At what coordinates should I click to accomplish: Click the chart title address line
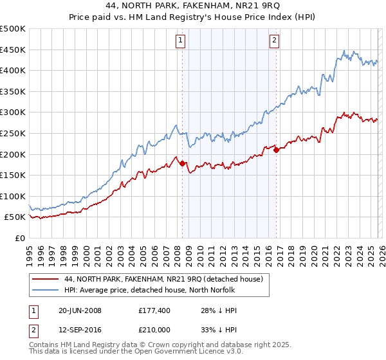[x=193, y=6]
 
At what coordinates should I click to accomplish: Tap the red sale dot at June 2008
[x=182, y=163]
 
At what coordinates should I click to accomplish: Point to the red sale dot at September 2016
[x=276, y=150]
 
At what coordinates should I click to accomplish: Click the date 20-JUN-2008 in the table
[x=80, y=310]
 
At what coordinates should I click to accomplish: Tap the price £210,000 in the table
[x=154, y=330]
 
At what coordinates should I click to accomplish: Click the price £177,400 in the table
[x=154, y=310]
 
